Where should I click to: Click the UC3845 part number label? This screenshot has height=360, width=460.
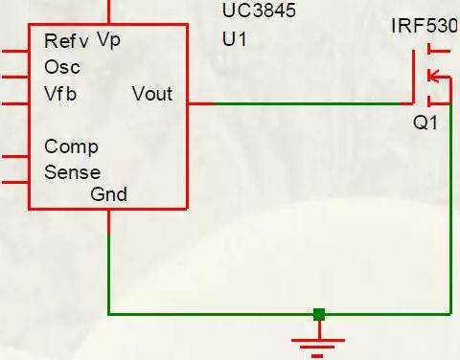259,11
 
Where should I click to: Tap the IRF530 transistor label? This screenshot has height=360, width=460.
424,24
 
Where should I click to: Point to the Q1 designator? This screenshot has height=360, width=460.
425,124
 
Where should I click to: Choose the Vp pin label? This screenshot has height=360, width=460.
108,39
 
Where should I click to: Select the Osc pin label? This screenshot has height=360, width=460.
62,68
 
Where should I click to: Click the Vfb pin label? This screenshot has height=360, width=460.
61,94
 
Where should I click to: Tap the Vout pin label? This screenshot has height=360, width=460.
151,94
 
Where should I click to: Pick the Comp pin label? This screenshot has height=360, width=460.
70,147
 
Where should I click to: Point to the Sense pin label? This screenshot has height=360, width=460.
72,173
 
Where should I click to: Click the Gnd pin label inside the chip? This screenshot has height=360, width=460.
108,194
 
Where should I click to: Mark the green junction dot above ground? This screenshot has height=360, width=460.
319,313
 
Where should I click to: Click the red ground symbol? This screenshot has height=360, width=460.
319,340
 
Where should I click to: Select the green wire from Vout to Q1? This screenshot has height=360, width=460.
297,102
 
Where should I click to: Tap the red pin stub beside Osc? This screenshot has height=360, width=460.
13,77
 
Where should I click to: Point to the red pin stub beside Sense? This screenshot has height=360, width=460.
13,181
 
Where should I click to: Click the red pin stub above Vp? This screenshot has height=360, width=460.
110,11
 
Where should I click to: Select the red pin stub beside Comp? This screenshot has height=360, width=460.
13,155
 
